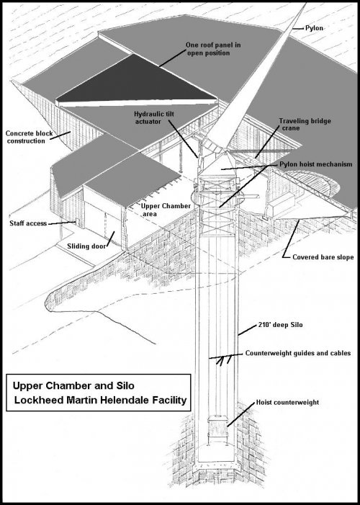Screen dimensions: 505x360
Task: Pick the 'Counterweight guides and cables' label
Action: (298, 354)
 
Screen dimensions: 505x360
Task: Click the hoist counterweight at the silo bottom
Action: (215, 433)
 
